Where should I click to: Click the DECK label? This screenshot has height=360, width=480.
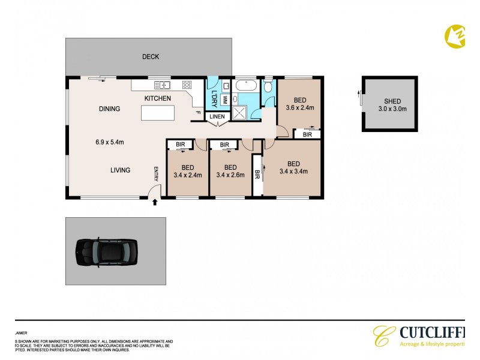coord(150,57)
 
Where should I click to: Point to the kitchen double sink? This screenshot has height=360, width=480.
coord(162,85)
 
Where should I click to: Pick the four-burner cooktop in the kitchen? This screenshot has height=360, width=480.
coord(187,85)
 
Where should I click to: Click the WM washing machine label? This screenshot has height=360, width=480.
coord(224,99)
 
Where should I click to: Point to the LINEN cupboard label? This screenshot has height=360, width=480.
coord(217,116)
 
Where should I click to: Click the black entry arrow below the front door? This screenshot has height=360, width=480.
coord(155,203)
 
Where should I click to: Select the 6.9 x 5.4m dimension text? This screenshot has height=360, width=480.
coord(109,142)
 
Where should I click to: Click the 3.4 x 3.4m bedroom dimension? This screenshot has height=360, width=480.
coord(293,172)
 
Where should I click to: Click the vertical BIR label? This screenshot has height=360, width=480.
coord(257,175)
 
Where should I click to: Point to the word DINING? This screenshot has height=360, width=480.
coord(110,109)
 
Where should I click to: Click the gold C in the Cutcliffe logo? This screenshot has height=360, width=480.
coord(382,336)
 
